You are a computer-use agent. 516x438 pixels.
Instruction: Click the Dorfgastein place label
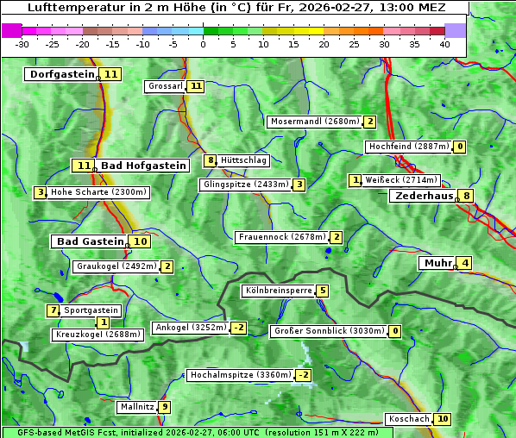click(x=61, y=74)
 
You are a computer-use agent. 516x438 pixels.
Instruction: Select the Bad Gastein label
click(x=91, y=241)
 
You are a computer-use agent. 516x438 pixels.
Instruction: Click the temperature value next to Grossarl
click(x=197, y=86)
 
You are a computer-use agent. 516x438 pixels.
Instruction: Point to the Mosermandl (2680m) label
click(x=315, y=122)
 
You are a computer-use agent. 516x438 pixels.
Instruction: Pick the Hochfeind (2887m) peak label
click(x=409, y=147)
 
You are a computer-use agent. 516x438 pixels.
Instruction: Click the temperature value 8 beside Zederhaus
click(x=466, y=196)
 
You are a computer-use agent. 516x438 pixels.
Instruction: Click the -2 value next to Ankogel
click(x=238, y=328)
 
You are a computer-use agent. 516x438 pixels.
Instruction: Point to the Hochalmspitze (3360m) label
click(x=241, y=376)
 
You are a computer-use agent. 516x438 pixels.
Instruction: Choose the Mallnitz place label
click(x=137, y=407)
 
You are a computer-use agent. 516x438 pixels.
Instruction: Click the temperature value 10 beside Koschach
click(x=442, y=419)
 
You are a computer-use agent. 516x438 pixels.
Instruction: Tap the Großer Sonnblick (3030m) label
click(x=328, y=331)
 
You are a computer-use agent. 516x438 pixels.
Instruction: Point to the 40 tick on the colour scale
click(x=444, y=44)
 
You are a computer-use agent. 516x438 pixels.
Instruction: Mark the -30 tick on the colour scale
click(x=22, y=44)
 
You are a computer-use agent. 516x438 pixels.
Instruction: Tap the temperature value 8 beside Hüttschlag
click(x=210, y=160)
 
